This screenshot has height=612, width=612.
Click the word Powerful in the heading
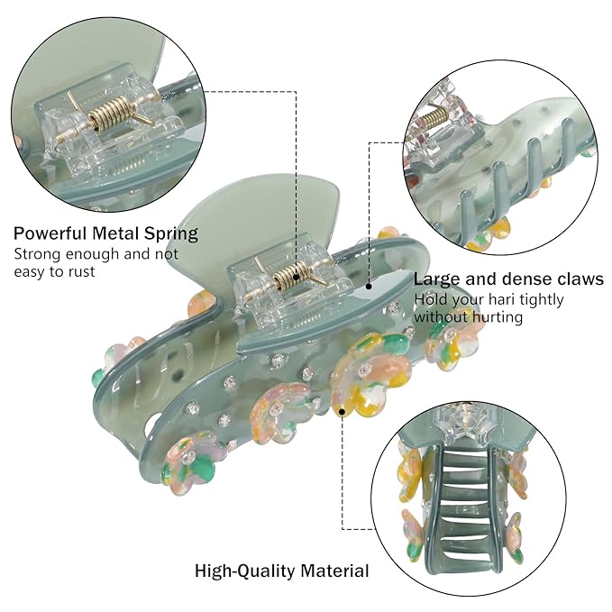(x=50, y=233)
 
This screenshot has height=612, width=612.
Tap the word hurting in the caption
(x=496, y=316)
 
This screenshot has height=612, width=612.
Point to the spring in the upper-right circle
(x=434, y=117)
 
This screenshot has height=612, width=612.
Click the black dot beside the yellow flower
(x=343, y=411)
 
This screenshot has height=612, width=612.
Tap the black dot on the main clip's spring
(x=297, y=277)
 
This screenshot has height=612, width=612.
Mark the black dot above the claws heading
(x=369, y=287)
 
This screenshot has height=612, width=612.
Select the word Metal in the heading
(x=116, y=233)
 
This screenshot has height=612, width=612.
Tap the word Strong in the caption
(x=37, y=254)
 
